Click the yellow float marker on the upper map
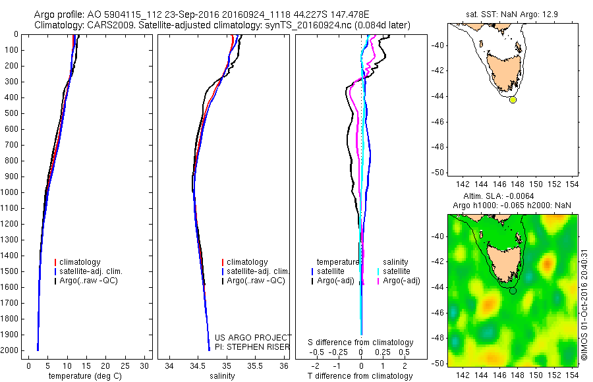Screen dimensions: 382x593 513,100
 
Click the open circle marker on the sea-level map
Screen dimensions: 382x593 513,290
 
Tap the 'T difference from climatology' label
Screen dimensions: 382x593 360,376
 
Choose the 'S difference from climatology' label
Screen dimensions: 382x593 360,342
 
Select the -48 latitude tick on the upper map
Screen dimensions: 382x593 438,147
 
